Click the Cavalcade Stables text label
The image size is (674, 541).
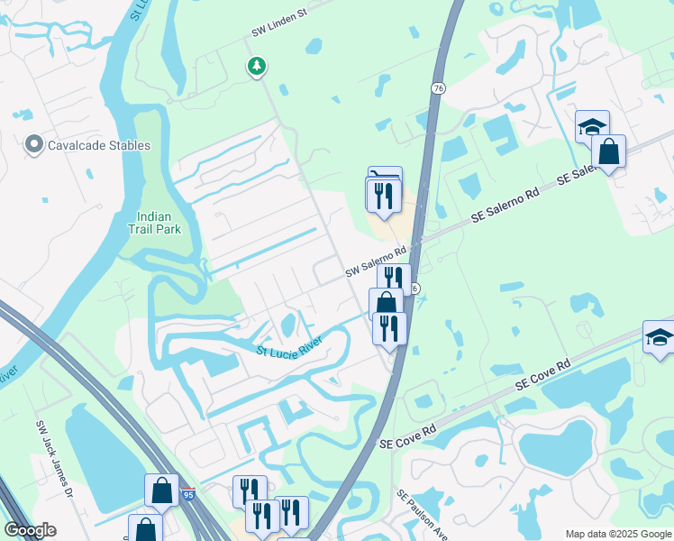click(x=99, y=144)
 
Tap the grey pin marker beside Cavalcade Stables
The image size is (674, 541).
click(x=34, y=144)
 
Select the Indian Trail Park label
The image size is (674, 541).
click(x=159, y=223)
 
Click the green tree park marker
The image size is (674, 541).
click(x=257, y=65)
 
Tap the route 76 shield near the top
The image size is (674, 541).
click(x=437, y=87)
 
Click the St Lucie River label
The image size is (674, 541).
click(x=289, y=351)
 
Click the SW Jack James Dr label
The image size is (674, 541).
click(x=52, y=457)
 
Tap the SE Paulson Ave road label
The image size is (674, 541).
click(x=422, y=516)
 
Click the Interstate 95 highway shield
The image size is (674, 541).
click(x=188, y=494)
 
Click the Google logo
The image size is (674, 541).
click(x=30, y=530)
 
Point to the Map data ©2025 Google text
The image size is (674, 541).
click(x=617, y=534)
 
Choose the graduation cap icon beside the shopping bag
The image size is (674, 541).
click(x=592, y=127)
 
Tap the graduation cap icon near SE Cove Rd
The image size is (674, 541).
click(x=660, y=337)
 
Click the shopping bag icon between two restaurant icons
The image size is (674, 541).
click(x=386, y=302)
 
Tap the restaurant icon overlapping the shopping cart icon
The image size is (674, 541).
click(x=383, y=195)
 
